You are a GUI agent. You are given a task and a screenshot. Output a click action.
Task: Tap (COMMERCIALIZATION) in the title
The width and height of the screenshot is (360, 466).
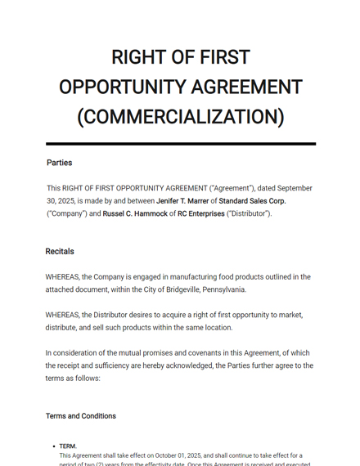pos(180,117)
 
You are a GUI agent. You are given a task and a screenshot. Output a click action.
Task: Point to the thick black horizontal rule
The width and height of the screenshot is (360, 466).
pos(180,144)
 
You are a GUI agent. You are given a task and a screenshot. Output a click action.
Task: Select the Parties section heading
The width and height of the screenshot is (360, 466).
pos(59,163)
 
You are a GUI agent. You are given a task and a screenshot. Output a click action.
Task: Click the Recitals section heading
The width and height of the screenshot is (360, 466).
pos(60,251)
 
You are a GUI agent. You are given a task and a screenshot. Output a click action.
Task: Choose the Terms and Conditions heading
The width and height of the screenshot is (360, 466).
pos(81,415)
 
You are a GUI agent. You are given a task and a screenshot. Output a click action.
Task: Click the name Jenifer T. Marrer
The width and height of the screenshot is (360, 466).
pos(182,201)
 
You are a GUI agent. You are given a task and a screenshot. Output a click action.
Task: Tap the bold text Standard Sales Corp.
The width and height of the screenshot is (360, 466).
pos(252,201)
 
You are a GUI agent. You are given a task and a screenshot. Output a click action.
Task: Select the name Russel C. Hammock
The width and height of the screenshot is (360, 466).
pos(134,214)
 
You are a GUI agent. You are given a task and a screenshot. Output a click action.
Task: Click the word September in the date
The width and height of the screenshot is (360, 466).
pos(294,188)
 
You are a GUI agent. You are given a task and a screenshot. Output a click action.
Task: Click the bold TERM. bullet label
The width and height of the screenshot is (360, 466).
pos(68,446)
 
